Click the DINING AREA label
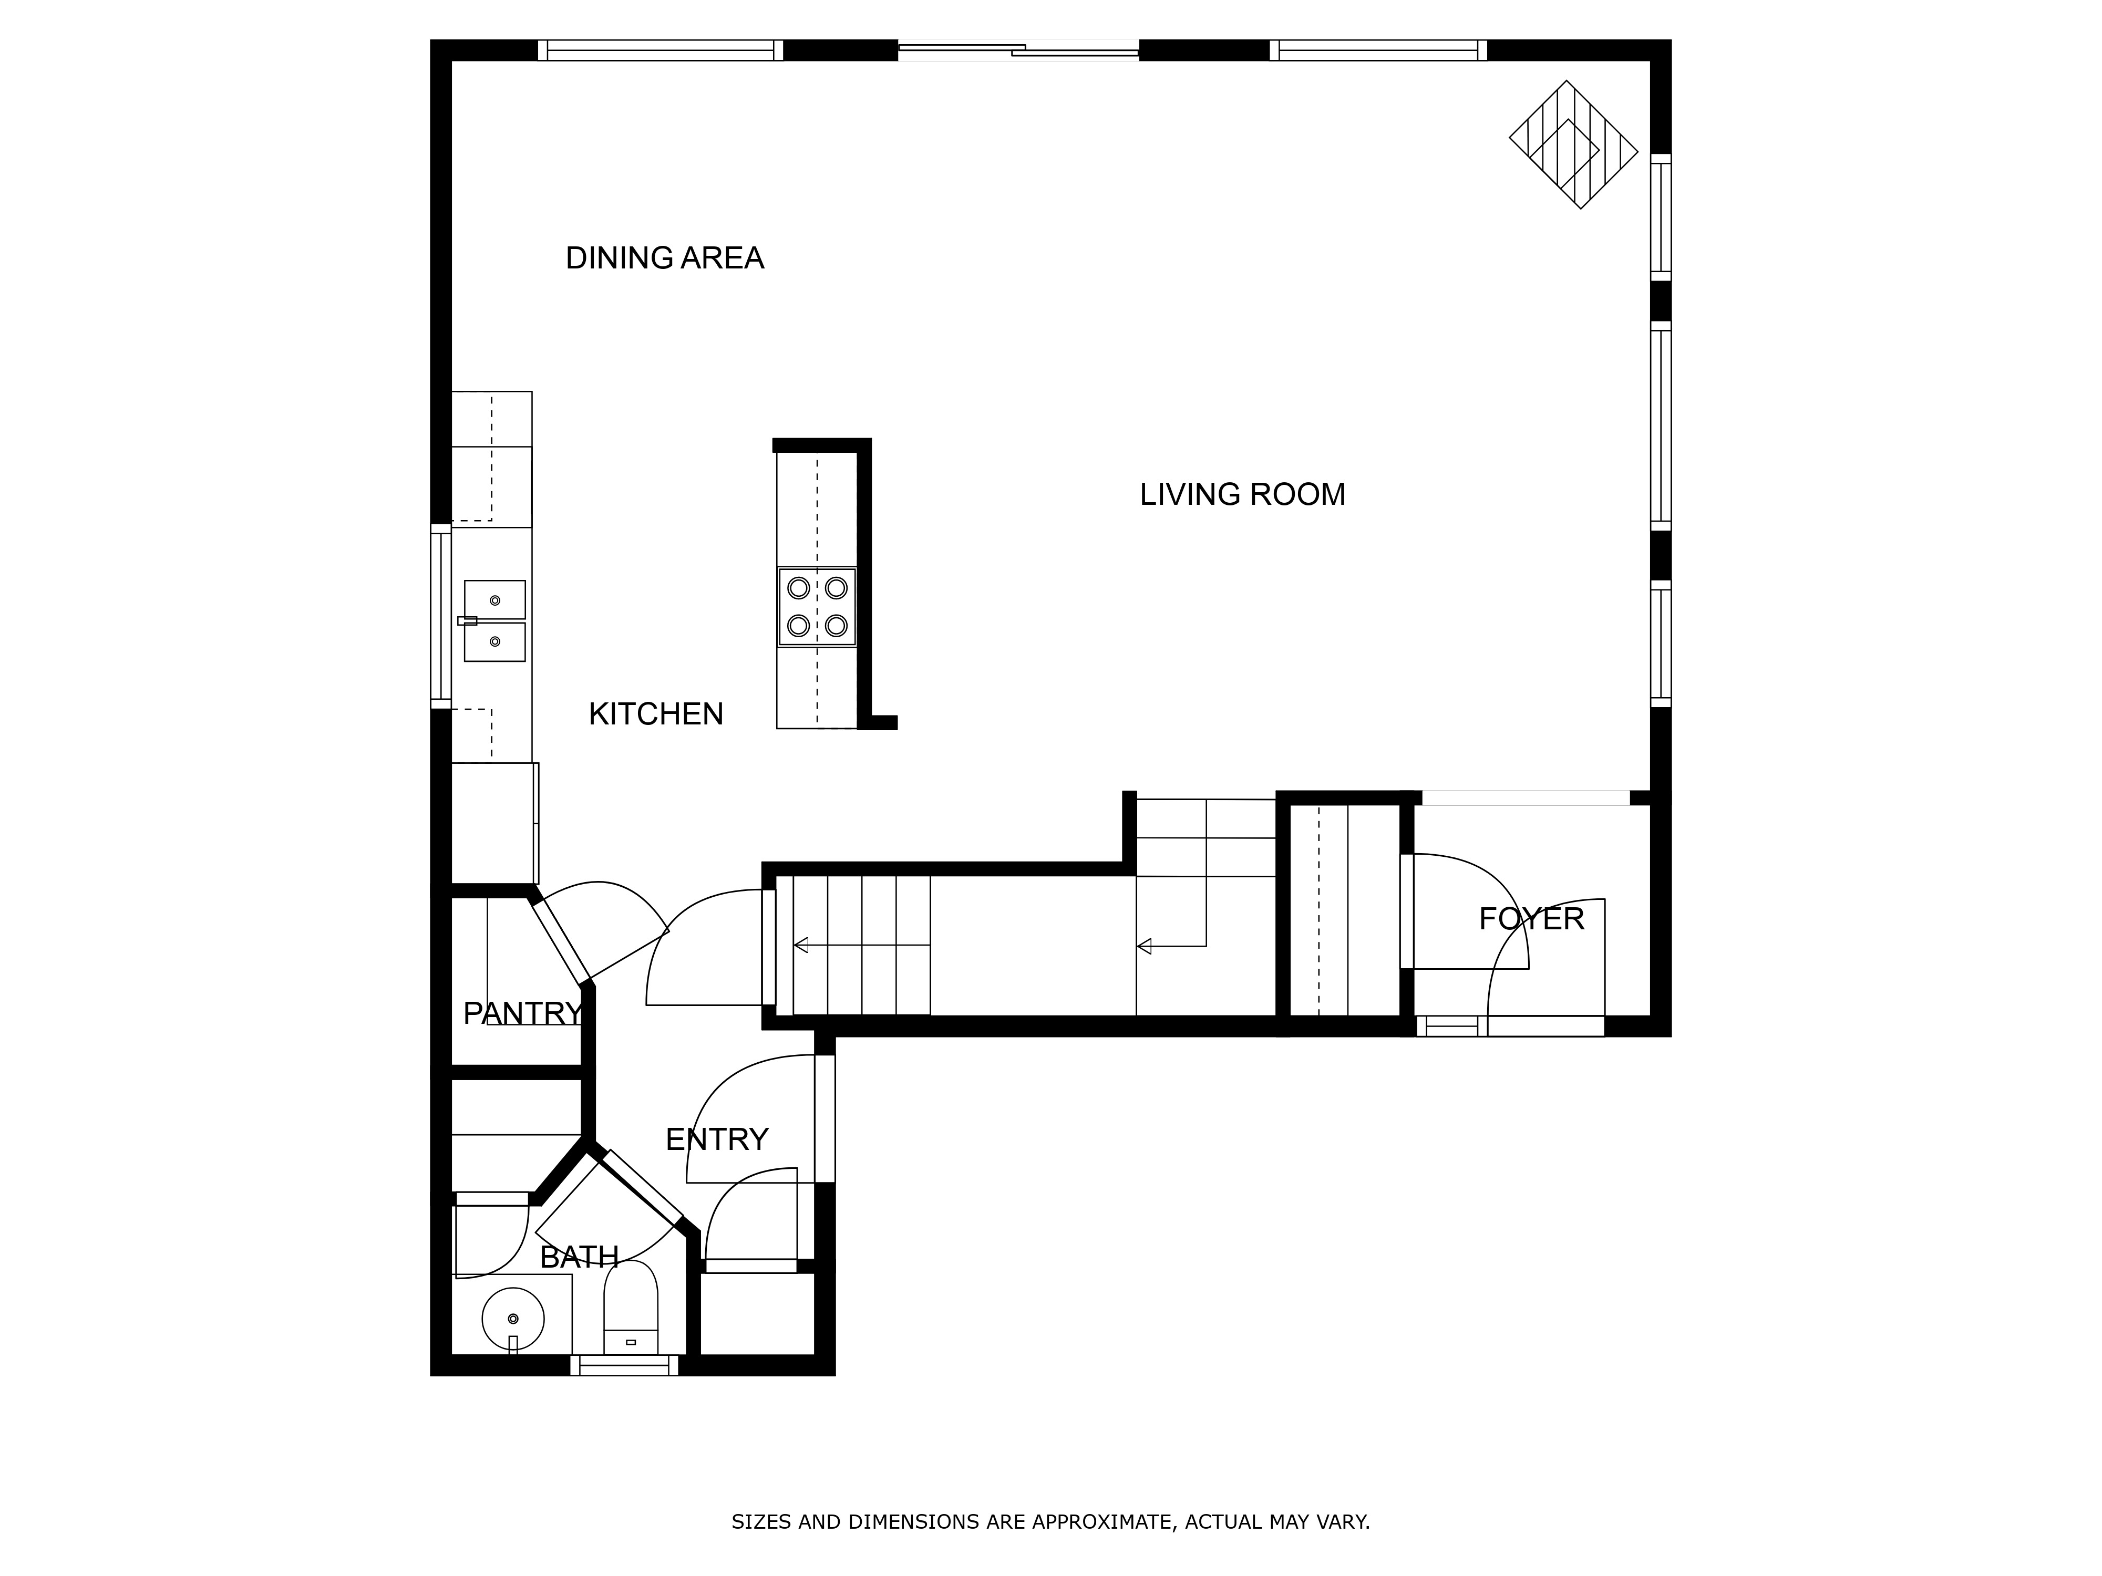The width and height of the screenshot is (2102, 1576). pyautogui.click(x=664, y=258)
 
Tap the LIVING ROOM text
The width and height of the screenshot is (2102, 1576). pyautogui.click(x=1242, y=495)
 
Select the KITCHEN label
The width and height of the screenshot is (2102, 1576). pyautogui.click(x=656, y=714)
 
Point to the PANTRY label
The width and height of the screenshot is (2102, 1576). pyautogui.click(x=522, y=1013)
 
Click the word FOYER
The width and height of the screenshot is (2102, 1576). pyautogui.click(x=1531, y=919)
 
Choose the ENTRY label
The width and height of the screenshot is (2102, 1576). pyautogui.click(x=716, y=1139)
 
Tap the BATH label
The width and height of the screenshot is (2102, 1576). pyautogui.click(x=579, y=1258)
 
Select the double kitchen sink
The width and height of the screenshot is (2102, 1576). pyautogui.click(x=494, y=620)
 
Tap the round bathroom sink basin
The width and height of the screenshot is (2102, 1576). pyautogui.click(x=513, y=1319)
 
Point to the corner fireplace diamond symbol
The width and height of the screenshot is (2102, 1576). pyautogui.click(x=1574, y=144)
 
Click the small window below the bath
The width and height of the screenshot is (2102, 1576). pyautogui.click(x=624, y=1366)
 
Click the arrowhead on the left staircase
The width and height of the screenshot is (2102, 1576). pyautogui.click(x=801, y=945)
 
